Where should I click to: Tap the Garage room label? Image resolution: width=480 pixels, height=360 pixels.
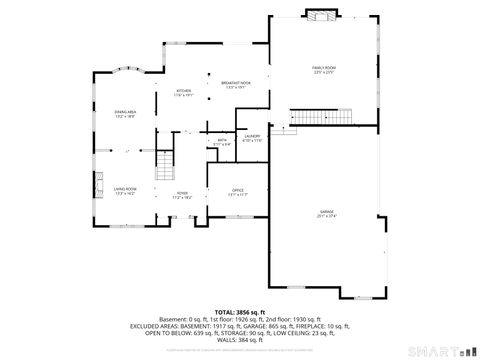326,213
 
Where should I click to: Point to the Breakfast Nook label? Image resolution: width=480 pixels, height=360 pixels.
236,84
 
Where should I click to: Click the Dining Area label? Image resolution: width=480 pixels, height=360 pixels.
124,114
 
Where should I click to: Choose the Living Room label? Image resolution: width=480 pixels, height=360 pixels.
125,190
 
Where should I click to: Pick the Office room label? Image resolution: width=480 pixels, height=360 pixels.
237,191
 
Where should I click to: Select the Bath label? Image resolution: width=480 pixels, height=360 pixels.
222,142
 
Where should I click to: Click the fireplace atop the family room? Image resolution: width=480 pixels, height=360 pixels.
320,16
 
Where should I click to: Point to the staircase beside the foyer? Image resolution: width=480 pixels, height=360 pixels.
165,160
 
